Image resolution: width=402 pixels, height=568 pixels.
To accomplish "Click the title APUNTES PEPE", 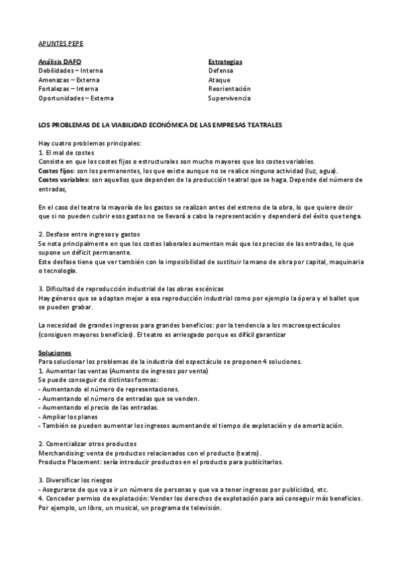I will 61,42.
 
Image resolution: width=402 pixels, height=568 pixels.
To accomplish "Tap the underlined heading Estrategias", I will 225,62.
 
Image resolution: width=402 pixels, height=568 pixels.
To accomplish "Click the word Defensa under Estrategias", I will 220,70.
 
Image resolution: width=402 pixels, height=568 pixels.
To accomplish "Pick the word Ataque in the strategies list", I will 219,80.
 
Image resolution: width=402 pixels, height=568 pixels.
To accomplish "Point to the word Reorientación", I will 229,88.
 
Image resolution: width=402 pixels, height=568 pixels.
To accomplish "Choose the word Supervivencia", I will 229,98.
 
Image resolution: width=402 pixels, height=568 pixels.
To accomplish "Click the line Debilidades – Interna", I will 71,70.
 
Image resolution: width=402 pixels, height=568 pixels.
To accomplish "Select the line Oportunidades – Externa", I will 76,98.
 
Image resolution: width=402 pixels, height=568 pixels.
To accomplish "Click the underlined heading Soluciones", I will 55,353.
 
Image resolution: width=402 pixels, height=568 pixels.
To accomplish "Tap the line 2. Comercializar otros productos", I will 87,444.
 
